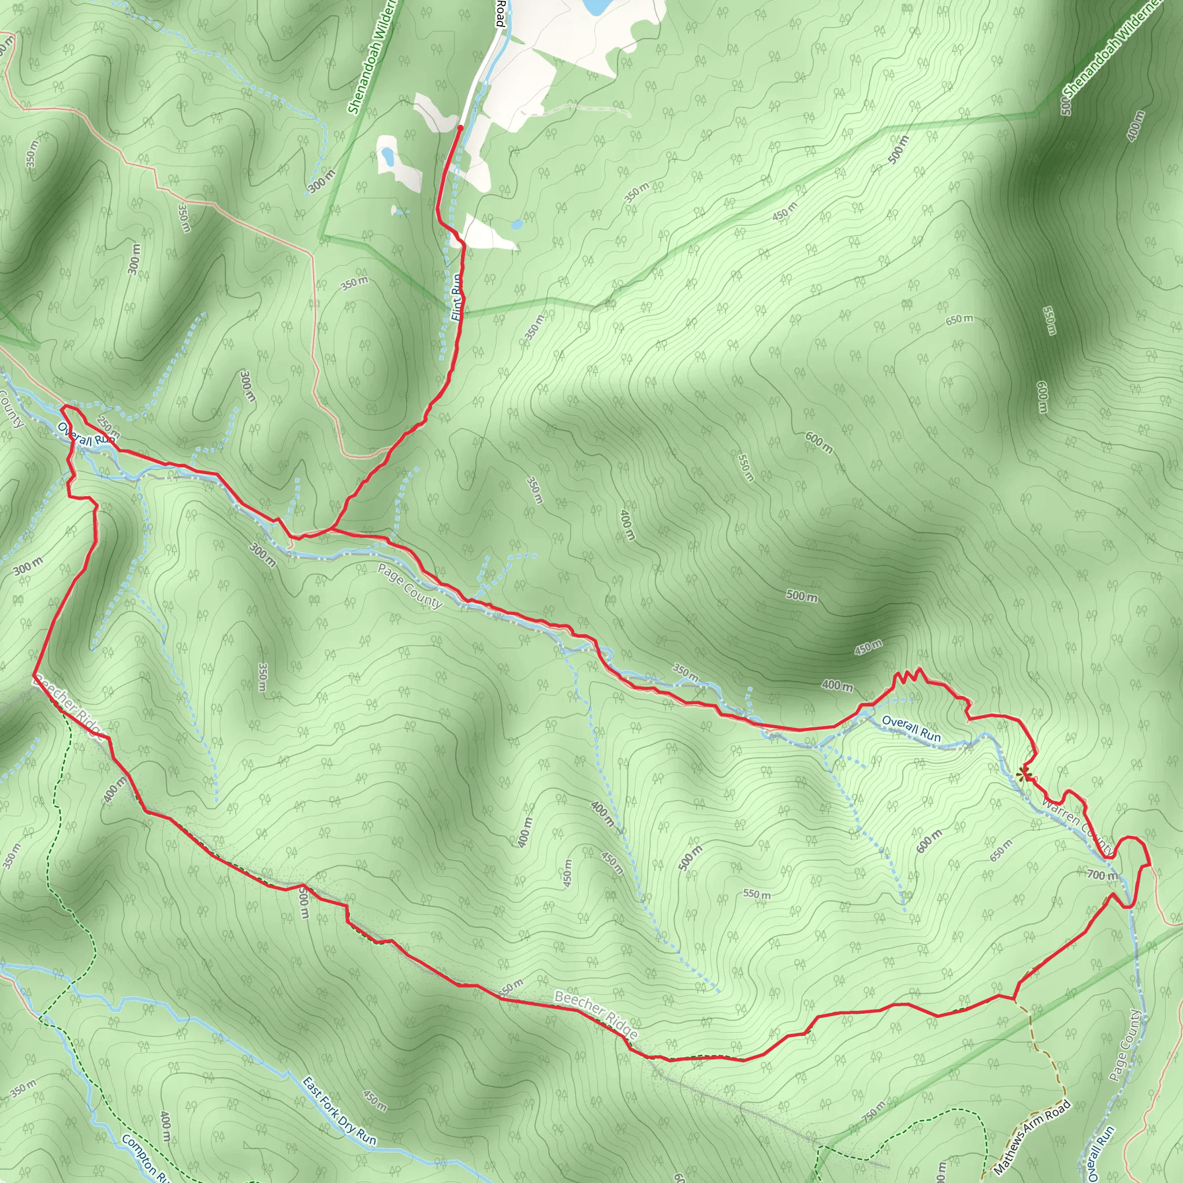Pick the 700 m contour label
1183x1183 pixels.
[1102, 876]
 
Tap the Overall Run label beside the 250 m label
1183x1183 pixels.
[86, 436]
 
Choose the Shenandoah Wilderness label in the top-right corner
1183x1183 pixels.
[1111, 55]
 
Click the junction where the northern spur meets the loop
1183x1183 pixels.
[331, 529]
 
